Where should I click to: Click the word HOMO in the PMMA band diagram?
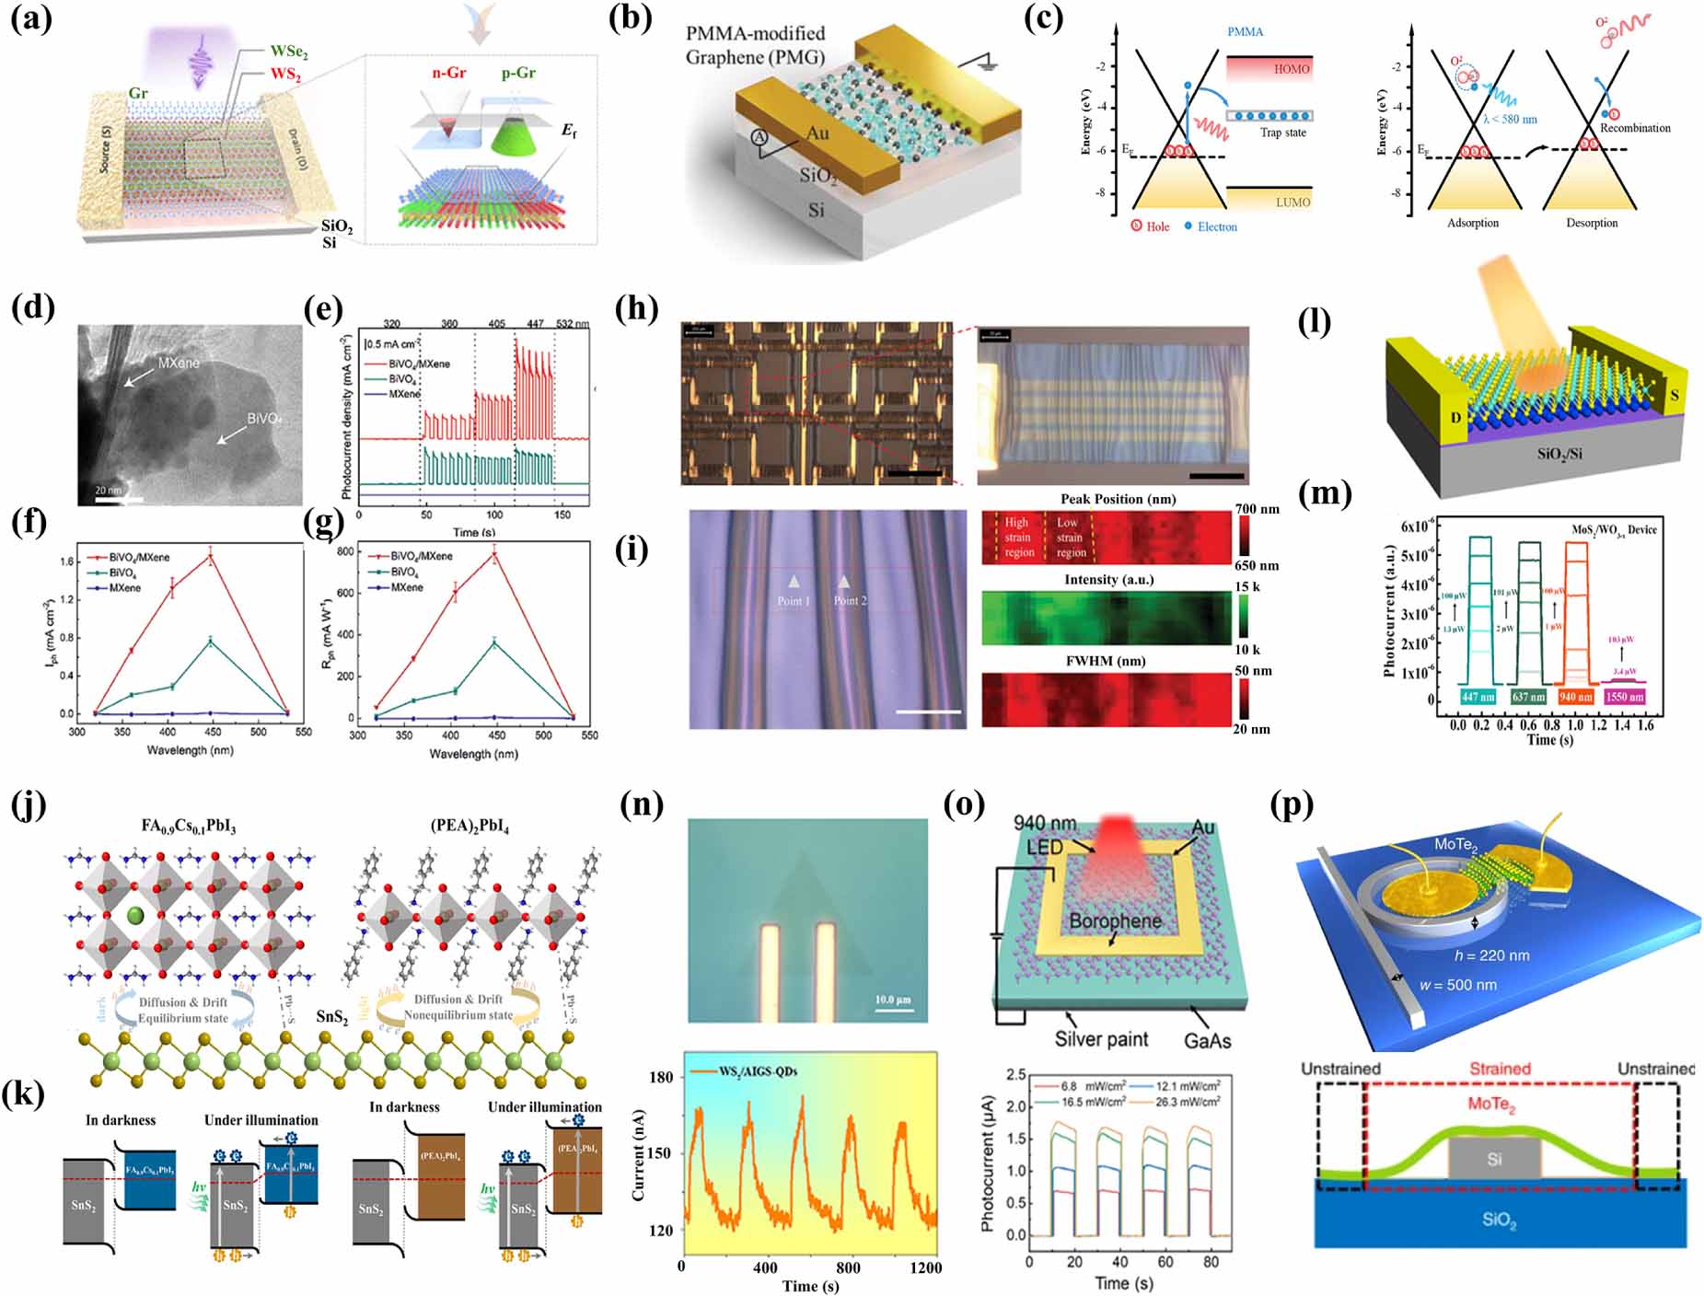click(1292, 69)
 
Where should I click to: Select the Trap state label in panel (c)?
click(1282, 133)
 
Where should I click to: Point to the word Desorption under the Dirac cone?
click(1592, 223)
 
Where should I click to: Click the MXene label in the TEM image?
click(179, 363)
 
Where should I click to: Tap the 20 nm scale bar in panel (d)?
click(118, 498)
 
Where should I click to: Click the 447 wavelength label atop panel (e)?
click(536, 324)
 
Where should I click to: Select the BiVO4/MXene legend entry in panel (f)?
click(139, 558)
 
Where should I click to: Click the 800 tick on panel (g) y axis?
click(345, 551)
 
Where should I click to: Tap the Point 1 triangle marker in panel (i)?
click(794, 582)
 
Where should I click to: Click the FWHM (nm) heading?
click(1105, 661)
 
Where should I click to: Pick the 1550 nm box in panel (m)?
click(1624, 697)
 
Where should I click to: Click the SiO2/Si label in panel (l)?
click(1559, 454)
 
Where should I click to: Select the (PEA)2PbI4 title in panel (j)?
click(469, 826)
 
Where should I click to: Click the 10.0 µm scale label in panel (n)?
click(892, 1000)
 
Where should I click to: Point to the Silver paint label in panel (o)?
click(1101, 1039)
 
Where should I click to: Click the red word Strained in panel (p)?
click(1500, 1069)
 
